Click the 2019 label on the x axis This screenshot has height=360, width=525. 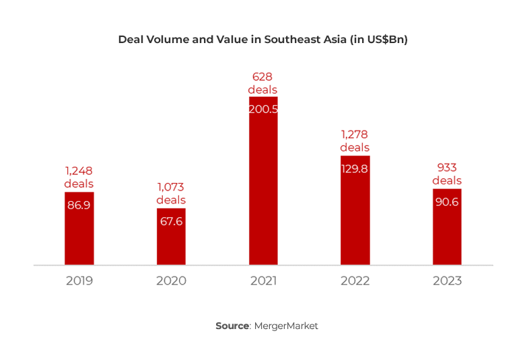tap(79, 281)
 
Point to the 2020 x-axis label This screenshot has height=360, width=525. tap(171, 281)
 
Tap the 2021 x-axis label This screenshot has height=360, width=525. tap(263, 281)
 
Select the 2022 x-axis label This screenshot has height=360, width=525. tap(355, 281)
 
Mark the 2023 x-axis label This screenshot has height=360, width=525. tap(447, 281)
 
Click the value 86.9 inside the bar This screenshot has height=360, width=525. tap(79, 205)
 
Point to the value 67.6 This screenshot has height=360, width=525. tap(171, 221)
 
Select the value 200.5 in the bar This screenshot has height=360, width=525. tap(263, 109)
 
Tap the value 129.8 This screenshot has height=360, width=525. tap(355, 169)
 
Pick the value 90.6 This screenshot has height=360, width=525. tap(447, 202)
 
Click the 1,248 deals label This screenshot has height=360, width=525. tap(79, 177)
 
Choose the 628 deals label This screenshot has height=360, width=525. tap(262, 83)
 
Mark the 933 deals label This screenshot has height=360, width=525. tap(447, 174)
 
